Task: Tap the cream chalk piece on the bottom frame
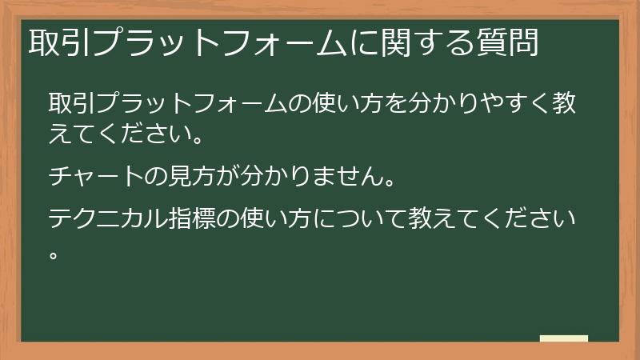(x=564, y=338)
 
